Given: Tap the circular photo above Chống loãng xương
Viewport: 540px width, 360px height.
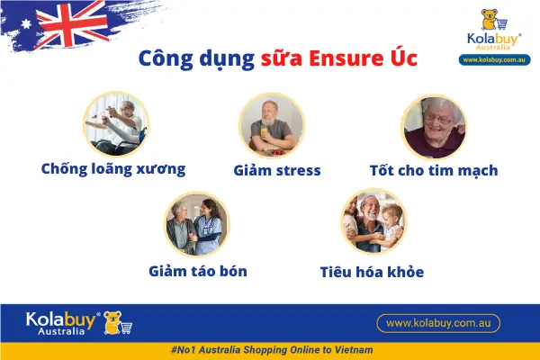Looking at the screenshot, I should [116, 123].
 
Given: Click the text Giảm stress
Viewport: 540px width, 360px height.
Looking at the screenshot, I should [277, 169].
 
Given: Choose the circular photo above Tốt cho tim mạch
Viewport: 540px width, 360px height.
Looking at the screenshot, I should [433, 127].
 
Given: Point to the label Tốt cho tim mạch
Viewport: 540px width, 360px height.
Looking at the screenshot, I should [434, 169].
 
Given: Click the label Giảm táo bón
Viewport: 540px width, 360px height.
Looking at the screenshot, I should [198, 270].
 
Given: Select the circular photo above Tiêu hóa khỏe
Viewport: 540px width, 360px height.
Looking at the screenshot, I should [373, 223].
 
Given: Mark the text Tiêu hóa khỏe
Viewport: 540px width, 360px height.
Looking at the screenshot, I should [372, 271].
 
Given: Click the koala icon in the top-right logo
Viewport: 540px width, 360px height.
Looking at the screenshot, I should [490, 22].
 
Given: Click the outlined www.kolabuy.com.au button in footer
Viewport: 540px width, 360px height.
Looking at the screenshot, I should [437, 322].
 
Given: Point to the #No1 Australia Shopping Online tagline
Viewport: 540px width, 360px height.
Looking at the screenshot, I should [270, 349].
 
